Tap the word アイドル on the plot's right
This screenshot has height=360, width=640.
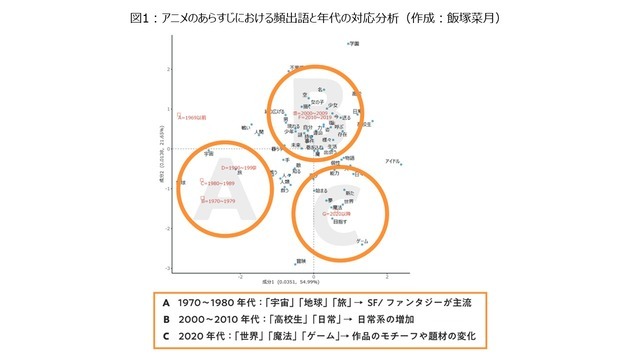click(394, 161)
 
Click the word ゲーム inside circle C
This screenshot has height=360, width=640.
click(363, 241)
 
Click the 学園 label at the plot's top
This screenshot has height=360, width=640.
click(352, 44)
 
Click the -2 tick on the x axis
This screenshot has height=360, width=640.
click(241, 274)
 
